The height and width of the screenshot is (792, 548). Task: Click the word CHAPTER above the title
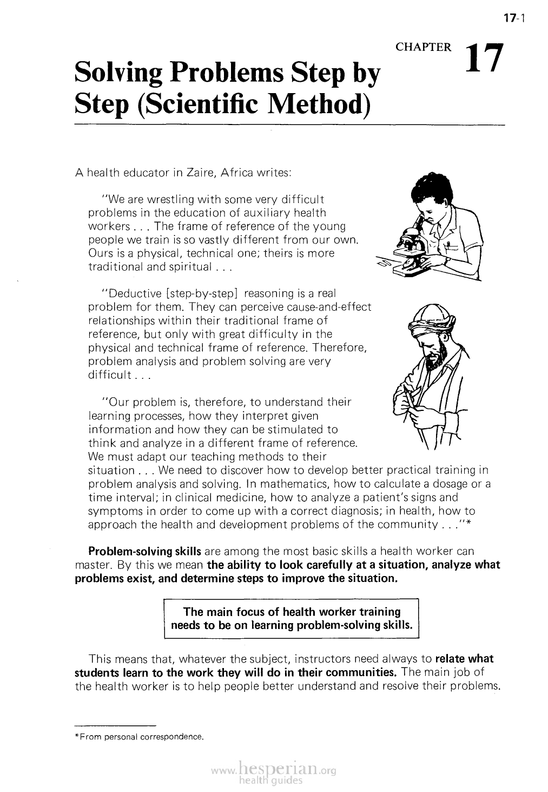(424, 48)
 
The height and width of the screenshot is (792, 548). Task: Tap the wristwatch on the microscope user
(447, 261)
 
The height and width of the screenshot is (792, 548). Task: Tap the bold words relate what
(464, 659)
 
